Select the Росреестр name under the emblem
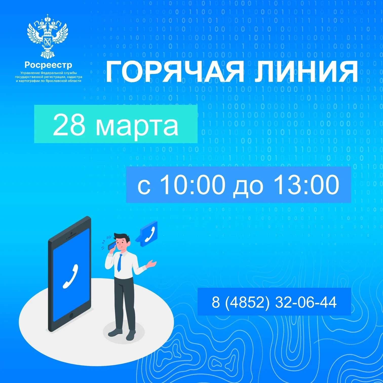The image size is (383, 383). [48, 65]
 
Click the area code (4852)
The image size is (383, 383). [247, 302]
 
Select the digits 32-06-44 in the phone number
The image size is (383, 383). [306, 302]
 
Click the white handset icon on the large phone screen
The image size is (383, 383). [71, 276]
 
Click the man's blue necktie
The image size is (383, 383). [119, 263]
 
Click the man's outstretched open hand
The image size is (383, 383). [152, 264]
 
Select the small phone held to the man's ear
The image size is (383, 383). [112, 245]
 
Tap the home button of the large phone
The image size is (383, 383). [71, 315]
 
